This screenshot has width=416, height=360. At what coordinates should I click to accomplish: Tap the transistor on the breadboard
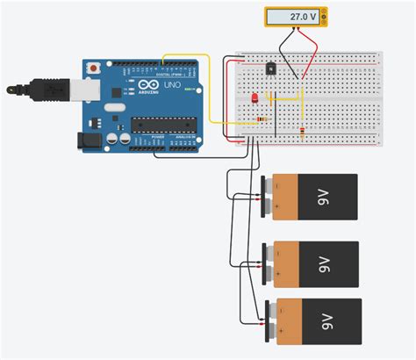tap(272, 67)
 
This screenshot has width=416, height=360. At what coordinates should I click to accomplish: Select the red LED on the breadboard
tap(255, 98)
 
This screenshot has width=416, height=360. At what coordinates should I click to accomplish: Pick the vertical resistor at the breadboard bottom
tap(303, 133)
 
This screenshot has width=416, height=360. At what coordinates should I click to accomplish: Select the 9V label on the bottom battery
tap(325, 320)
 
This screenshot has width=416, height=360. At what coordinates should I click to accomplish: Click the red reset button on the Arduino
tap(94, 67)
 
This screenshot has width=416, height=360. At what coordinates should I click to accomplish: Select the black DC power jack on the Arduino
tap(90, 140)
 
